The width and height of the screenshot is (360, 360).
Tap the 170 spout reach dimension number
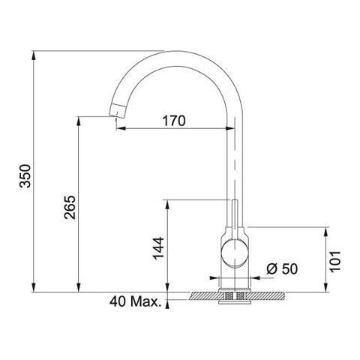(x=172, y=120)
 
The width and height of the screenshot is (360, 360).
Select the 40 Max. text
(x=136, y=303)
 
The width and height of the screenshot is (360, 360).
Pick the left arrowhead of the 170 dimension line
(x=118, y=128)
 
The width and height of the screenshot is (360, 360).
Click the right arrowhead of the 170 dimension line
(x=231, y=128)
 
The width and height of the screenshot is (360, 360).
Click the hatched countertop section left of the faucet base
(x=202, y=295)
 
